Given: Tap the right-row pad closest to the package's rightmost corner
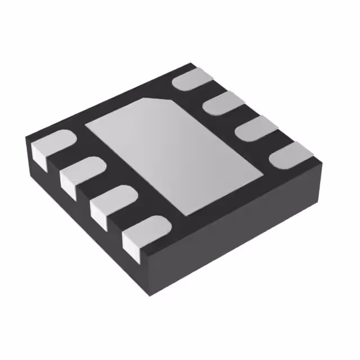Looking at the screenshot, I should click(x=290, y=155).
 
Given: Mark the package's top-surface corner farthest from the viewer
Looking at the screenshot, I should click(x=194, y=63).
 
